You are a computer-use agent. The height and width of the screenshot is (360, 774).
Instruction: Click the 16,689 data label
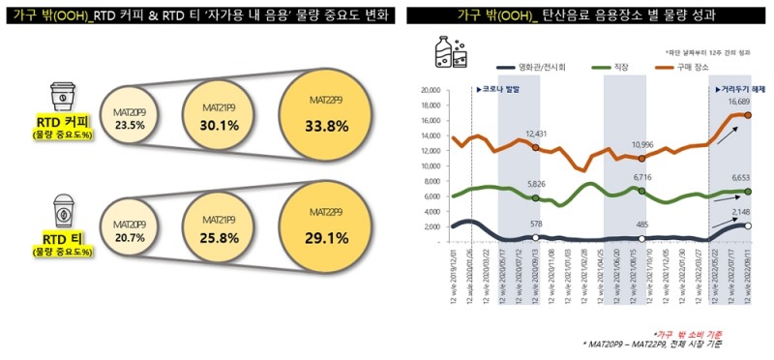(x=739, y=101)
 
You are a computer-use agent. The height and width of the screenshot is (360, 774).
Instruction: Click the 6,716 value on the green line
(x=643, y=178)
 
